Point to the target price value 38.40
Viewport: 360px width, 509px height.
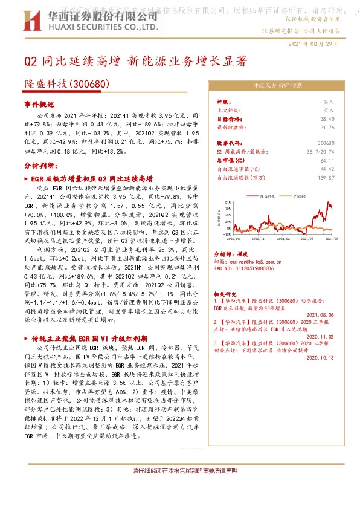pos(327,119)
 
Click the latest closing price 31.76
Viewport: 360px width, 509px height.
pos(327,128)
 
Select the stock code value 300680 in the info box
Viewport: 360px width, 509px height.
pos(326,142)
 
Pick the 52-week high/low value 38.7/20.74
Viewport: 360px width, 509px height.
pos(320,151)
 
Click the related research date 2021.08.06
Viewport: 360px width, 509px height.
pos(320,315)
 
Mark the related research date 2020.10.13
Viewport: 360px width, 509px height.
pos(320,357)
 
